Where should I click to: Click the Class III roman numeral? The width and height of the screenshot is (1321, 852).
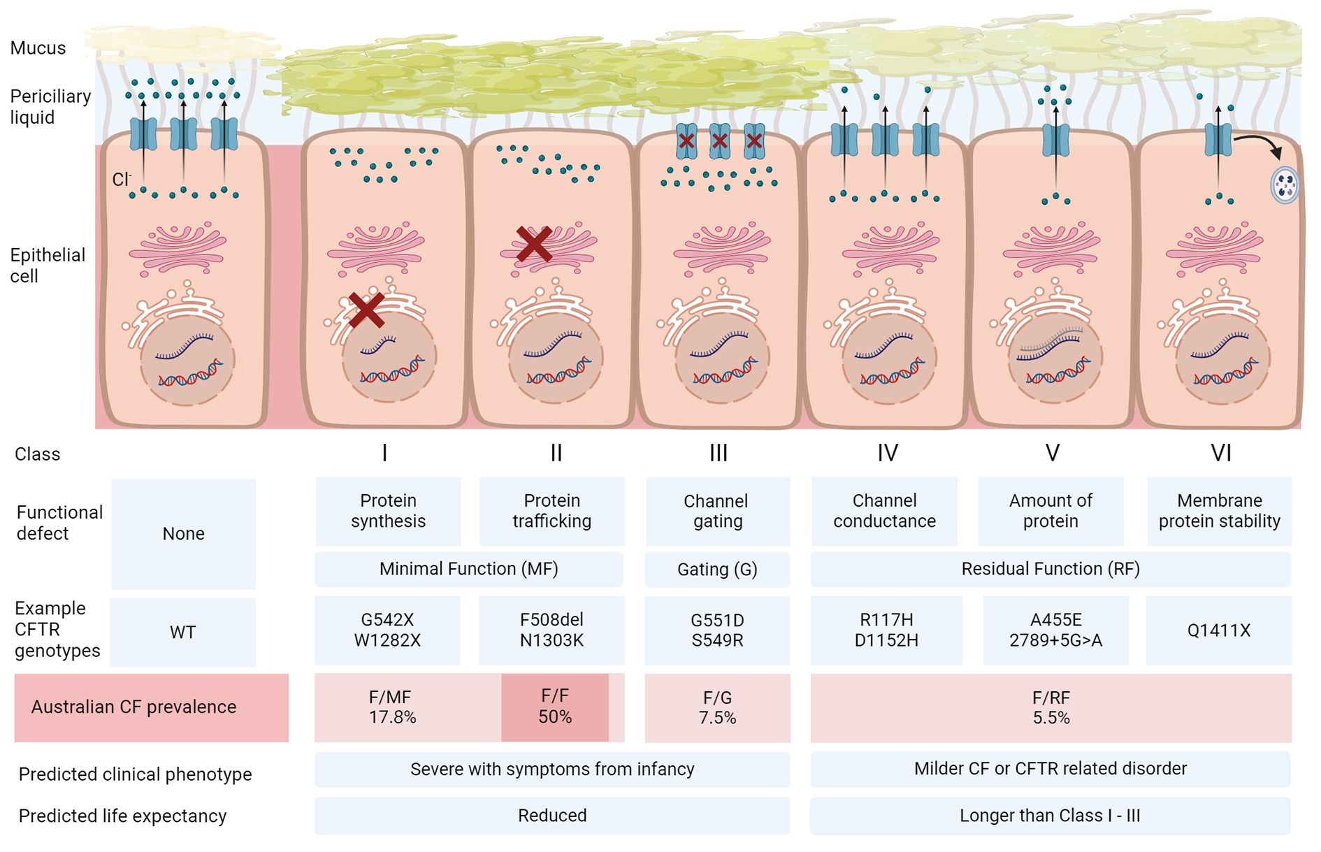click(719, 453)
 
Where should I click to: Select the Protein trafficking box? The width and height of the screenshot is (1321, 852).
click(551, 511)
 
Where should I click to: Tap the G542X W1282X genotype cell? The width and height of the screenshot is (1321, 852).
click(387, 630)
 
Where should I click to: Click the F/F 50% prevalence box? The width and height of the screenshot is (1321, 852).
click(555, 707)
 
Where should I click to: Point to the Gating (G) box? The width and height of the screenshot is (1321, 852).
click(717, 569)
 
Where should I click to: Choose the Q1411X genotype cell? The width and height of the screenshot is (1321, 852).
click(1219, 630)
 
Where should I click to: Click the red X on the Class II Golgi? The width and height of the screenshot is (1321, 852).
click(534, 244)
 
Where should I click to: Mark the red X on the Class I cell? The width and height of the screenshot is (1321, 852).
click(366, 310)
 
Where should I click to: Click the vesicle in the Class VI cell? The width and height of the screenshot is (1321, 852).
click(1285, 185)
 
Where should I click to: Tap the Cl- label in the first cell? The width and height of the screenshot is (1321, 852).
click(122, 180)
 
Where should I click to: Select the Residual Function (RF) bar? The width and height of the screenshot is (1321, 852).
click(1051, 569)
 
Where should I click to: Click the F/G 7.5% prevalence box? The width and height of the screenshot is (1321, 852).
click(717, 707)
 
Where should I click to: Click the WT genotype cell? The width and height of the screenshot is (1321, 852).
click(183, 632)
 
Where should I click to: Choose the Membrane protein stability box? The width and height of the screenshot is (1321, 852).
click(1220, 511)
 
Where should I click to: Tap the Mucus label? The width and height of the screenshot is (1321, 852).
click(38, 48)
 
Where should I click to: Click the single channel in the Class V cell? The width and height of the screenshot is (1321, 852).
click(1055, 139)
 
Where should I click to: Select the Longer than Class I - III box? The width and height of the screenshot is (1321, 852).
click(1050, 816)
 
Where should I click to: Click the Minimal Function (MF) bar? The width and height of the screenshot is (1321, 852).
click(468, 569)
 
